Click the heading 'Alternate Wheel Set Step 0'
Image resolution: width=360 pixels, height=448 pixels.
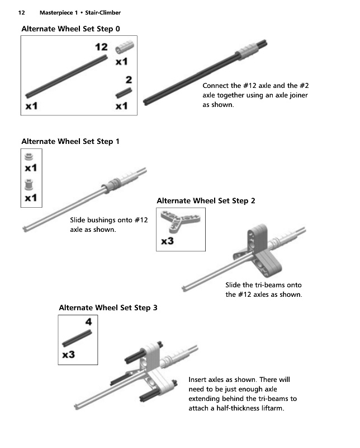coord(70,29)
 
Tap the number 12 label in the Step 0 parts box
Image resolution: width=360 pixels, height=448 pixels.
coord(101,47)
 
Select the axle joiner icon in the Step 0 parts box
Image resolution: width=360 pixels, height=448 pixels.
coord(122,48)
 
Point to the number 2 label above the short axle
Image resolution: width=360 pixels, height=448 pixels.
coord(129,80)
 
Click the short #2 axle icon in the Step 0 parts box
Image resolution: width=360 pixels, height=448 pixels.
coord(124,91)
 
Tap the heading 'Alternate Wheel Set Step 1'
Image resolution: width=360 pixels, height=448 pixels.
coord(70,142)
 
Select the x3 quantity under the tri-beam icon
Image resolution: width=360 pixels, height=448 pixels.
coord(168,241)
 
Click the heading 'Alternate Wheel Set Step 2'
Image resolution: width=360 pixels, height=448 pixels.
coord(206,200)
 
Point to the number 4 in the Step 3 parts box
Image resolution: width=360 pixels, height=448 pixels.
coord(88,322)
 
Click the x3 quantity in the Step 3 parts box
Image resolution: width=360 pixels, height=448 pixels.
coord(69,354)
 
